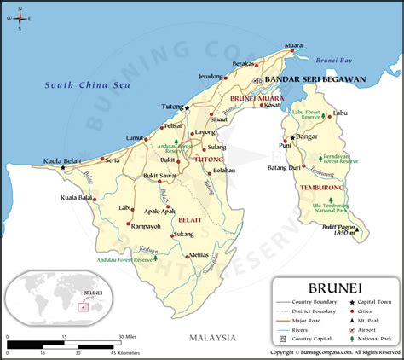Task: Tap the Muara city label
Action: tap(294, 44)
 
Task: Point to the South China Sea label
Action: tap(89, 86)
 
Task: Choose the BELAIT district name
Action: tap(190, 219)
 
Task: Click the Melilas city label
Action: tap(198, 253)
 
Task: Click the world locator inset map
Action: tap(56, 299)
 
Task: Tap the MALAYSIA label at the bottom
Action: tap(212, 337)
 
